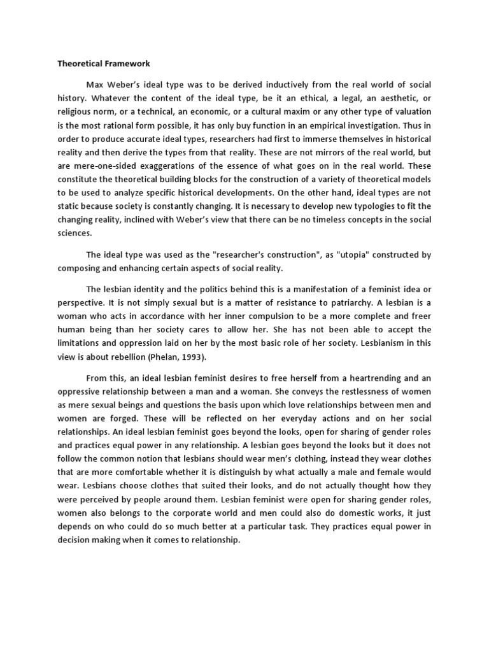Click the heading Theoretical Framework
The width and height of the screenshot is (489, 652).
103,64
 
